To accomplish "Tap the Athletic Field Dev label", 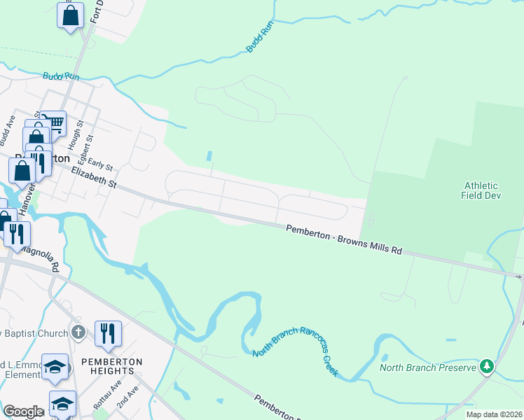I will point(481,190).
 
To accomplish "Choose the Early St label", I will point(101,166).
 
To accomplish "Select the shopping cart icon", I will point(54,122).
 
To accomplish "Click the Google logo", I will point(22,412).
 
